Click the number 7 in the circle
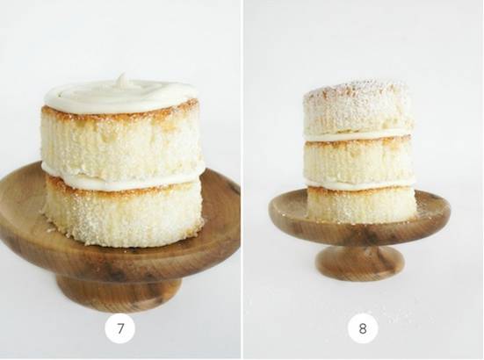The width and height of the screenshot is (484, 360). (x=119, y=329)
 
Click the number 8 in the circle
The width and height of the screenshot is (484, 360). (x=363, y=329)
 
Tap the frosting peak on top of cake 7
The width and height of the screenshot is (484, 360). (x=122, y=79)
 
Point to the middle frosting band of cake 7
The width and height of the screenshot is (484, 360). (x=121, y=180)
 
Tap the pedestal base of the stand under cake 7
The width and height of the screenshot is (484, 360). (x=119, y=293)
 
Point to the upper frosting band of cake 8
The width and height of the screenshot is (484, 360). (x=358, y=136)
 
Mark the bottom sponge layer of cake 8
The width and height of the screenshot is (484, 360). (x=361, y=205)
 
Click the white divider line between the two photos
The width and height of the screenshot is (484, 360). (x=242, y=180)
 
